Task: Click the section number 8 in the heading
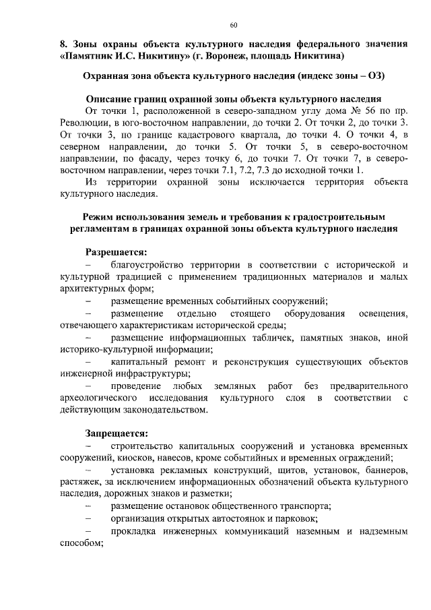(x=62, y=44)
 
